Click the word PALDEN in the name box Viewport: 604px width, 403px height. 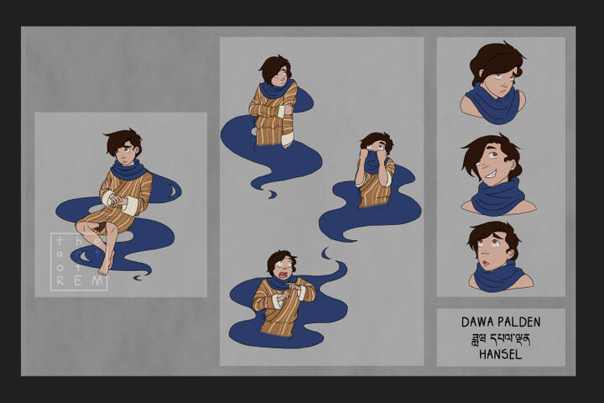pos(520,322)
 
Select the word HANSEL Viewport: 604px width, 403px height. pos(501,354)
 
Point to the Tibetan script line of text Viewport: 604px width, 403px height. pos(501,338)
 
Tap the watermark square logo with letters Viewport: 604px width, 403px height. pos(79,261)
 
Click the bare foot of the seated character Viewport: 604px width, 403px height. pos(105,265)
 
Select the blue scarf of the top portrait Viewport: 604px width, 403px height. pos(493,107)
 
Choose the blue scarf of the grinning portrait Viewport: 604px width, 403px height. pos(497,198)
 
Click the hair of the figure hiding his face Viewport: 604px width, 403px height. pos(375,141)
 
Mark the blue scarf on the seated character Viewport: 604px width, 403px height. pos(130,170)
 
